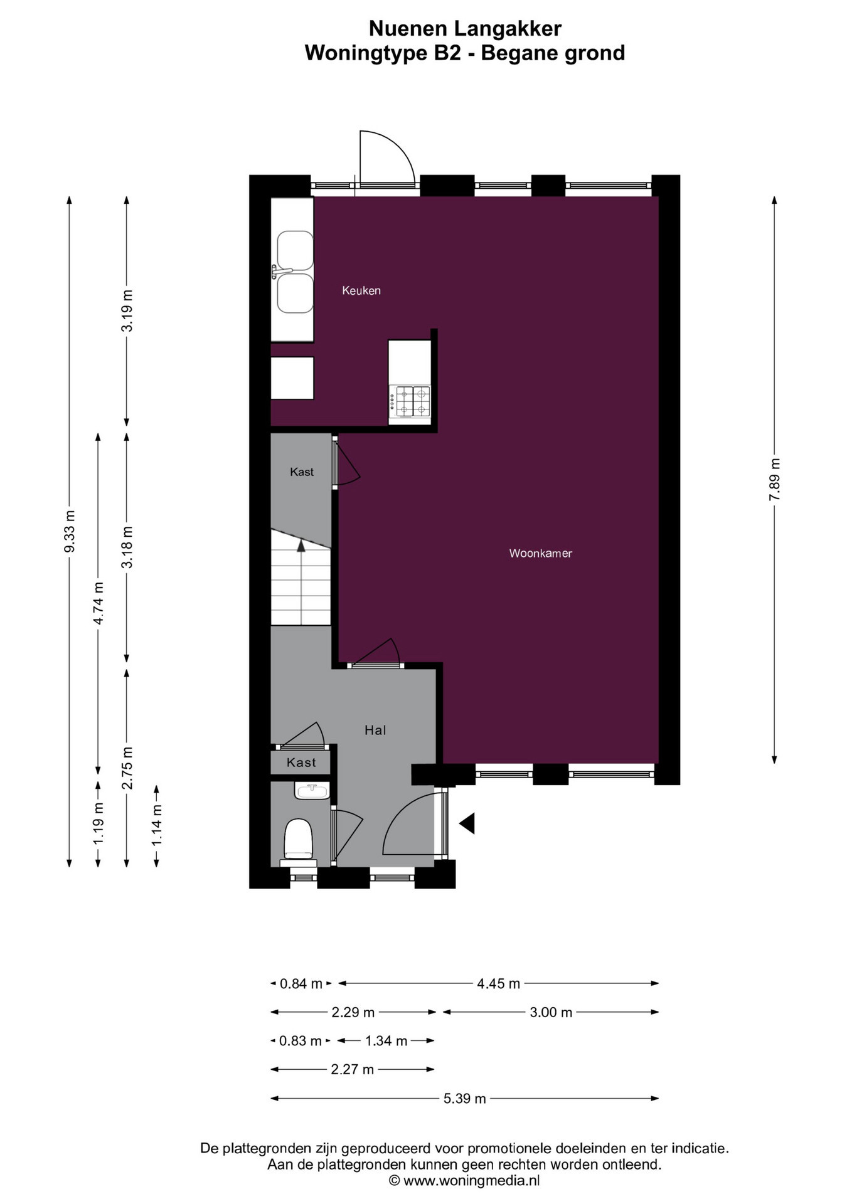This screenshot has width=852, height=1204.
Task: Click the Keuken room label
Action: pos(361,290)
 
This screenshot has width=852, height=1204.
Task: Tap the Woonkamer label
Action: pos(540,553)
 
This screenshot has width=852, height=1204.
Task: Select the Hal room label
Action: pos(375,730)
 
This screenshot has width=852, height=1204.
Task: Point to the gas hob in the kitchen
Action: pos(410,401)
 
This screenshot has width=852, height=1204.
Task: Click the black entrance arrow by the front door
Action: pos(467,823)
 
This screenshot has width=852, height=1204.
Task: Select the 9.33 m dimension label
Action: pos(70,532)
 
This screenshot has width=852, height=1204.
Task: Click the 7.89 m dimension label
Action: pos(775,479)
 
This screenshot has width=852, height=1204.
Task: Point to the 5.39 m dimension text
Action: pos(465,1098)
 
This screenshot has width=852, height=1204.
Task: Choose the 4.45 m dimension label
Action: pos(499,983)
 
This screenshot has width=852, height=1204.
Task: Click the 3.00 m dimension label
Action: pos(551,1012)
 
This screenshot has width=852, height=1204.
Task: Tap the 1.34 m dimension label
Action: pos(386,1041)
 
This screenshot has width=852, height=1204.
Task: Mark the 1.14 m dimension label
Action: pos(157,824)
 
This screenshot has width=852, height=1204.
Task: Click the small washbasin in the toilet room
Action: pos(312,790)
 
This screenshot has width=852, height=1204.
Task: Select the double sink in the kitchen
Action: pos(294,272)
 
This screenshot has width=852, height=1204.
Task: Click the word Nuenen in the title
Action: pos(408,28)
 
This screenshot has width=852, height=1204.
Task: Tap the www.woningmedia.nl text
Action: pos(471,1181)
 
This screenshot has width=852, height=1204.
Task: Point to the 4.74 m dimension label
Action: pos(99,603)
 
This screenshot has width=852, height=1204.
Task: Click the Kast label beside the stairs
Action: pos(302,472)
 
